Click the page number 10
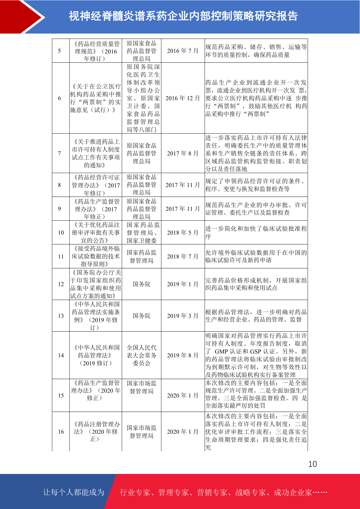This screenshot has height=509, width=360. click(312, 464)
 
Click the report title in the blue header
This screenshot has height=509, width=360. click(183, 16)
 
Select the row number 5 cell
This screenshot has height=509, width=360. click(59, 51)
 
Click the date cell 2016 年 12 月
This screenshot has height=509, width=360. click(183, 98)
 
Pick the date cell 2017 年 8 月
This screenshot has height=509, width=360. click(183, 154)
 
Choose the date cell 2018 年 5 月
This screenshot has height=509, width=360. click(183, 232)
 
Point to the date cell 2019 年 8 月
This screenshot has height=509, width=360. click(183, 355)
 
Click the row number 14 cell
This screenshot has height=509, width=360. click(61, 355)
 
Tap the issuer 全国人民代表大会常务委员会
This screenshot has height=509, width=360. click(141, 355)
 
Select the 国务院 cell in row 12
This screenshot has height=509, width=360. click(141, 284)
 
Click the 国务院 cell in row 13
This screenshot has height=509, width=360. click(141, 316)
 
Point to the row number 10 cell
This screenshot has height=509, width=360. click(61, 232)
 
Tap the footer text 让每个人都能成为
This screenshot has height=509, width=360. click(74, 492)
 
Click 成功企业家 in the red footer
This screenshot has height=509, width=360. click(293, 492)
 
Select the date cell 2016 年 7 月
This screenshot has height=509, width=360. click(183, 51)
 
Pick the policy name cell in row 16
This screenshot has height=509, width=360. click(96, 432)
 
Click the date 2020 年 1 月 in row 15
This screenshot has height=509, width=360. click(183, 395)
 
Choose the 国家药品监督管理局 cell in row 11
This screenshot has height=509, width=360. click(141, 256)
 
